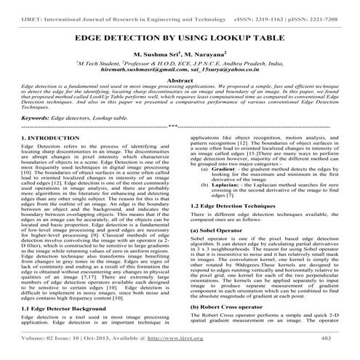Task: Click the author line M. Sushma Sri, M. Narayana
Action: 179,55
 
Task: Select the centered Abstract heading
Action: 180,83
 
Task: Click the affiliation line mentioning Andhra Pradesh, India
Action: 180,64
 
